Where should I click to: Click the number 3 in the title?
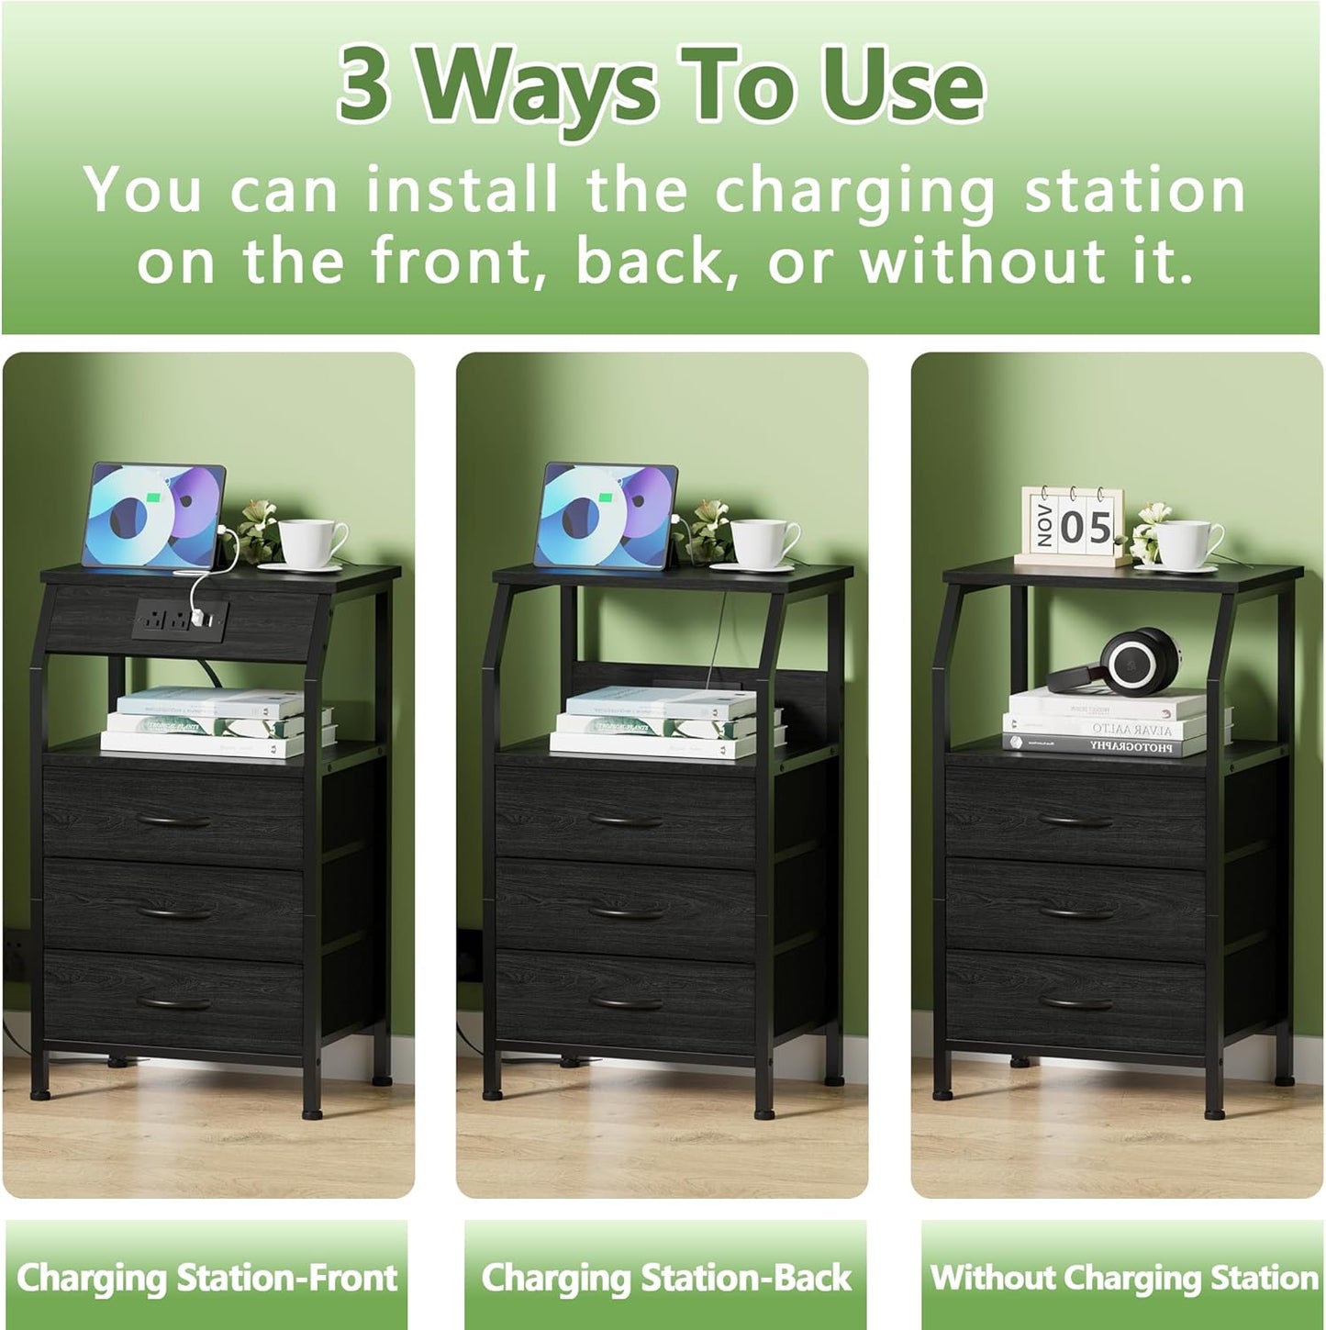click(x=364, y=85)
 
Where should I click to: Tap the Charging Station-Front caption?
click(x=206, y=1277)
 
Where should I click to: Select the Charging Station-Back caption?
click(x=666, y=1277)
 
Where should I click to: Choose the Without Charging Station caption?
click(x=1123, y=1277)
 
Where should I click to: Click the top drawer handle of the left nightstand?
click(x=173, y=820)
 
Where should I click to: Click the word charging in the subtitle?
click(x=853, y=190)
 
